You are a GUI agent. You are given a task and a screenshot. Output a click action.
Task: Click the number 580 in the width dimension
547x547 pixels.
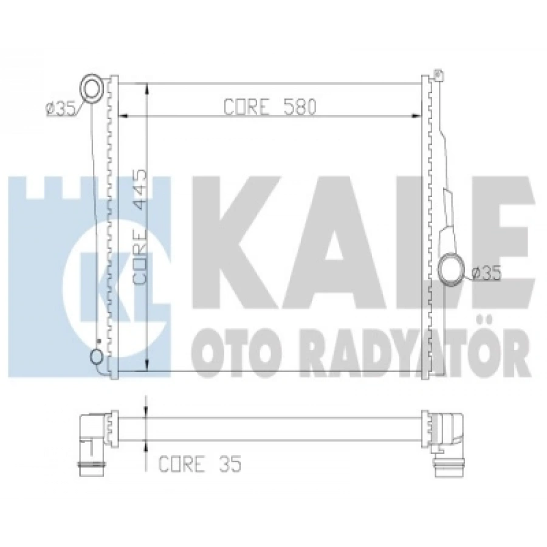(x=299, y=107)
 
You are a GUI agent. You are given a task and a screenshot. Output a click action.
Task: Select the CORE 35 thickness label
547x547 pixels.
(x=199, y=464)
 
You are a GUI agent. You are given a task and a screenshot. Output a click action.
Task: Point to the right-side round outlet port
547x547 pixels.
(x=451, y=270)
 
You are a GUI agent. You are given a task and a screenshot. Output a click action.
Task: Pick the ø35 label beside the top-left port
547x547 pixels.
(x=61, y=109)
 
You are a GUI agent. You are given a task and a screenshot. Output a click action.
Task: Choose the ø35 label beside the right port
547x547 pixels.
(x=486, y=273)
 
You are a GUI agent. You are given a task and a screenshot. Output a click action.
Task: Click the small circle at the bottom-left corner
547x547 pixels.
(x=96, y=357)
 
